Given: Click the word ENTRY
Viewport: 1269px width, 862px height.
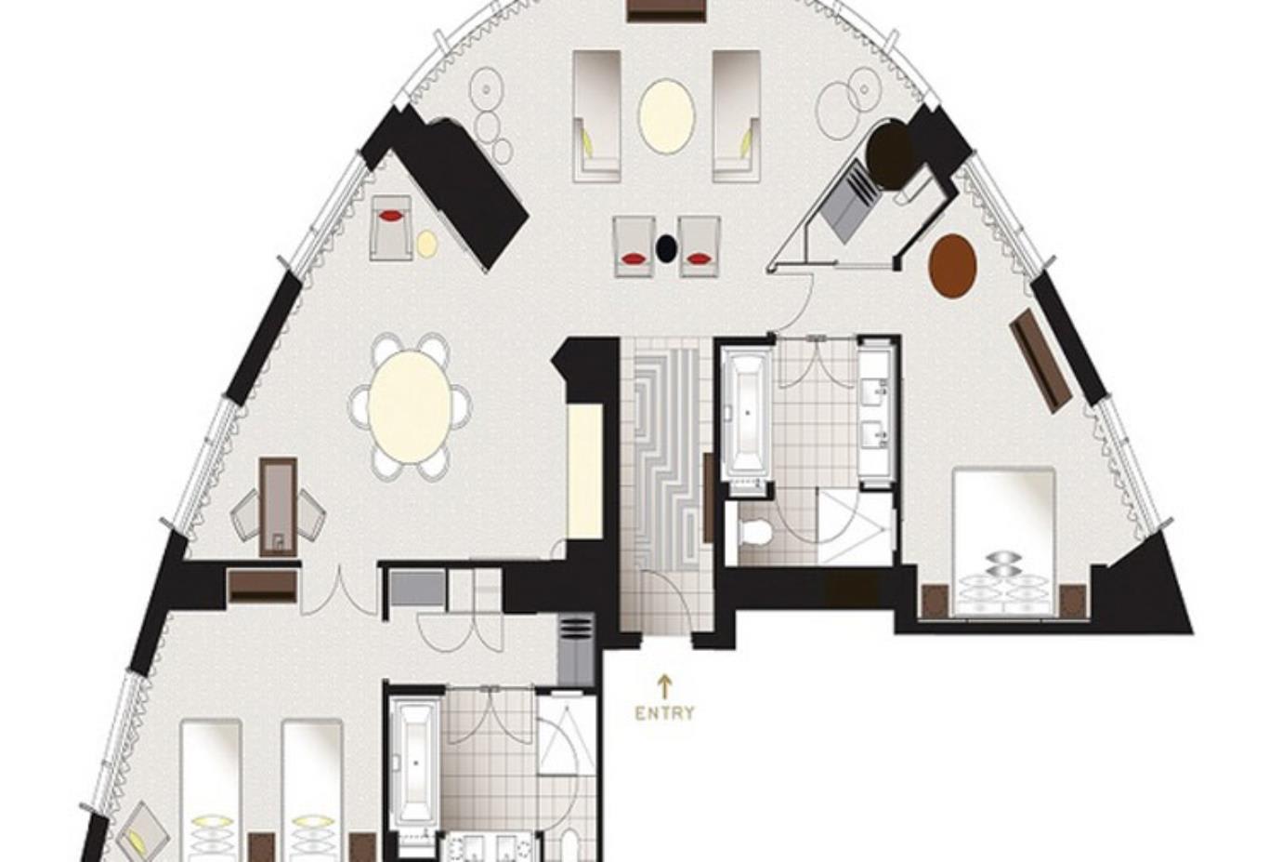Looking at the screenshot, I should pyautogui.click(x=664, y=714).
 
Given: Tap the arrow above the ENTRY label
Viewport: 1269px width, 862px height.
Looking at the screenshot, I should pyautogui.click(x=664, y=686).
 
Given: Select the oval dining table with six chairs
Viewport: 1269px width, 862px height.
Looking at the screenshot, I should pyautogui.click(x=410, y=406).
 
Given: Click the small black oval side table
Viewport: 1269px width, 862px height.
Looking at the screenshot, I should pyautogui.click(x=666, y=248).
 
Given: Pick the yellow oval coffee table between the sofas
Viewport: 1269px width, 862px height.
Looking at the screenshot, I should pyautogui.click(x=666, y=115).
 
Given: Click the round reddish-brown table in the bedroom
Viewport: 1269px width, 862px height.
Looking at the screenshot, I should pyautogui.click(x=952, y=265).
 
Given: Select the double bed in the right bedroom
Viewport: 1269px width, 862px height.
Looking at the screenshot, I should pyautogui.click(x=1003, y=539).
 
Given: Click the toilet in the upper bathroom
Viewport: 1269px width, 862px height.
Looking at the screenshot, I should pyautogui.click(x=754, y=533).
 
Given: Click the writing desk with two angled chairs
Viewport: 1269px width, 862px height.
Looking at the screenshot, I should pyautogui.click(x=278, y=507).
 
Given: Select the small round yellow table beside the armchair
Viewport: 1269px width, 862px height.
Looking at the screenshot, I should pyautogui.click(x=426, y=244).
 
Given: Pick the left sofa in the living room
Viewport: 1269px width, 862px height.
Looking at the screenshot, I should pyautogui.click(x=596, y=115).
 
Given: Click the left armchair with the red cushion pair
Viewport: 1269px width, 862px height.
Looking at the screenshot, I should pyautogui.click(x=634, y=247).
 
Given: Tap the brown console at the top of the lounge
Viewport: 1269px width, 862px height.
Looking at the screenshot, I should pyautogui.click(x=665, y=9).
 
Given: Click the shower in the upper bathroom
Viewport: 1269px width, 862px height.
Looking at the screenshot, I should pyautogui.click(x=854, y=526).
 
